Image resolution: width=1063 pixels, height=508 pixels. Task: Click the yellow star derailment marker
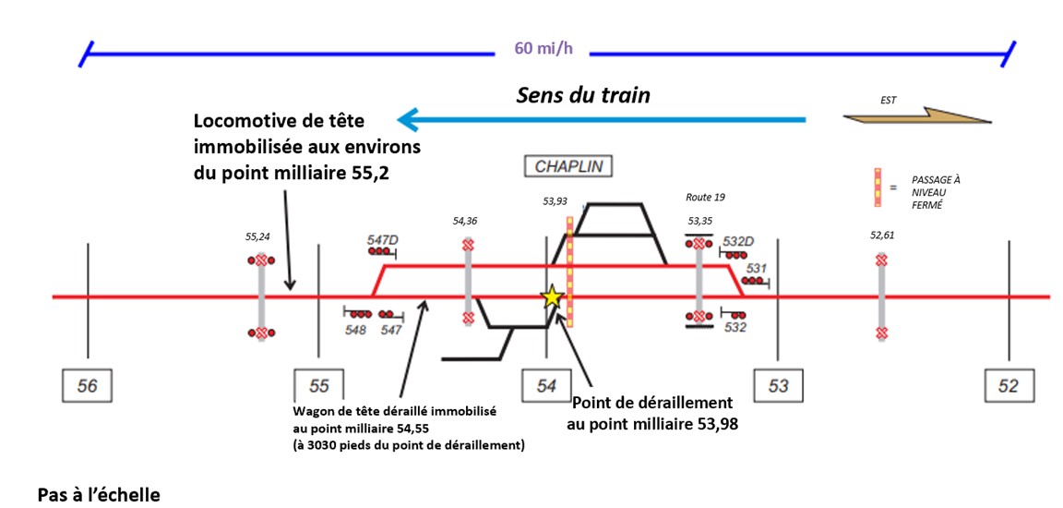552,297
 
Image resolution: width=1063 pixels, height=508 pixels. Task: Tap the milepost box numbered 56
88,385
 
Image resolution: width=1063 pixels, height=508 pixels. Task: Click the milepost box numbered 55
318,385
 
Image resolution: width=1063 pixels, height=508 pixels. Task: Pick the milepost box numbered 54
547,385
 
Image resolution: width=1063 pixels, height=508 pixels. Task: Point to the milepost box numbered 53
779,385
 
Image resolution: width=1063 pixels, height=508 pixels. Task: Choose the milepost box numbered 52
1009,385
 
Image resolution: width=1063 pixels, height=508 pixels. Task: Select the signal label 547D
384,239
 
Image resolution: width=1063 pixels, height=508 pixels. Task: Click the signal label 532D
738,242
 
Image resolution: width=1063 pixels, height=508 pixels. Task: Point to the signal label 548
355,330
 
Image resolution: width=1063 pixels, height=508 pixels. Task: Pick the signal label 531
757,269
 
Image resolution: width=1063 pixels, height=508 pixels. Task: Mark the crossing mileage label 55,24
257,237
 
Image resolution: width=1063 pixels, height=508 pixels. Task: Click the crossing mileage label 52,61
882,236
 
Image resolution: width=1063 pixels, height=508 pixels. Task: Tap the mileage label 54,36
467,221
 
